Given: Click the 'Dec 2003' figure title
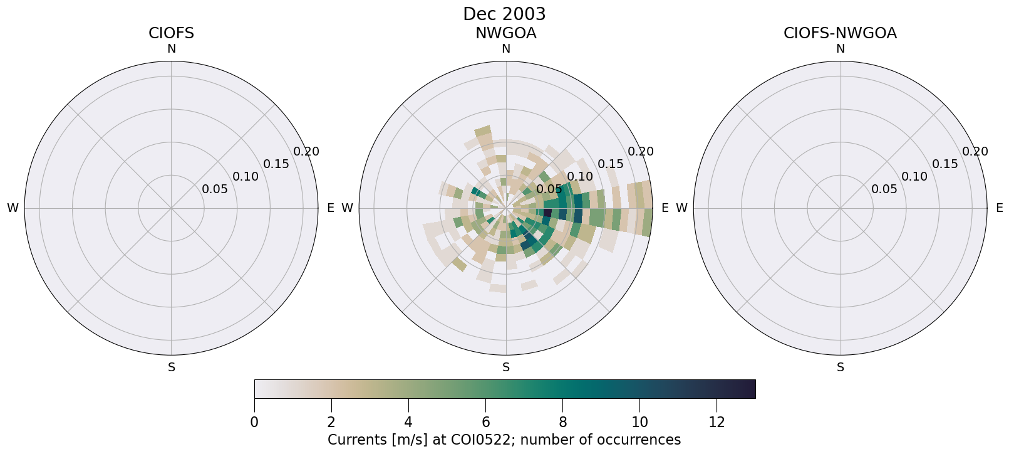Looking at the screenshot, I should pos(504,14).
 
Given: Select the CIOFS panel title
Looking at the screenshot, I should pos(171,33).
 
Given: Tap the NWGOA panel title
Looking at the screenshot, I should pos(505,33).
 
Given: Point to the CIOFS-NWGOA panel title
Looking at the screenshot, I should pos(840,33).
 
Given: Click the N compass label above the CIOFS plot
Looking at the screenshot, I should pos(171,49).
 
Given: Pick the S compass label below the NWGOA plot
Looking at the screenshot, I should pos(506,367).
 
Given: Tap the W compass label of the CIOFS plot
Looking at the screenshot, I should pos(13,208).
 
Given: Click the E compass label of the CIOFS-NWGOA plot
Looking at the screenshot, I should pos(999,208).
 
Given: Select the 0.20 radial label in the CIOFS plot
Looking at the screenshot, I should pos(306,152).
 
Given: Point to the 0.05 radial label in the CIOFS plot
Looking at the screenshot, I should pos(215,189).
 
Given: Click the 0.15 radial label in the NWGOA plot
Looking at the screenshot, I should pos(610,164).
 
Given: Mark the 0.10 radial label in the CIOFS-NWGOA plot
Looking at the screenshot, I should pos(914,177).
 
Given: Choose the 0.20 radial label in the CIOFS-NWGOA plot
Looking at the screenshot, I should pos(975,152).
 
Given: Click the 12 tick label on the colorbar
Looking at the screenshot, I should pos(717,423).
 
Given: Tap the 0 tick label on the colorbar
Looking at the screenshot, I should pos(254,423).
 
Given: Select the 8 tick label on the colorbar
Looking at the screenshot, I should pos(562,423).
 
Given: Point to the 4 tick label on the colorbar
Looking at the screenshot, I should pos(408,423).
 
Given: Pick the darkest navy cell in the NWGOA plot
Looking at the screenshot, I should pos(547,213).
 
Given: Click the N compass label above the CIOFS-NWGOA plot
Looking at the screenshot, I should pos(841,49).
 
